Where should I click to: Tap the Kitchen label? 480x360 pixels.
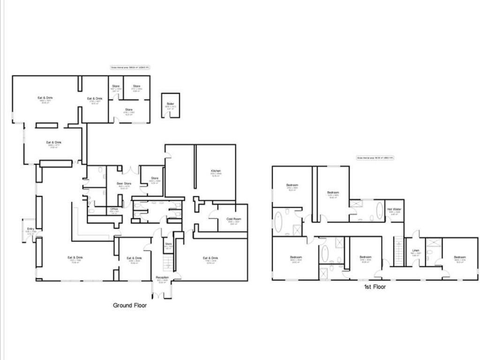coord(216,171)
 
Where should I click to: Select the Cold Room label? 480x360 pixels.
coord(233,218)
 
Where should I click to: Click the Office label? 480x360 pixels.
coord(114,209)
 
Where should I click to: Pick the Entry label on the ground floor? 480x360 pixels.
coord(31,229)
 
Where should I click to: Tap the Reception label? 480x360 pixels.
coord(162,277)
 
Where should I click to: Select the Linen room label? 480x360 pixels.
coord(415,250)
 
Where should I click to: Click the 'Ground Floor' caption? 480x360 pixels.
coord(130,306)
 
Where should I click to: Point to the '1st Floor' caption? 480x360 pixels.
coord(375,286)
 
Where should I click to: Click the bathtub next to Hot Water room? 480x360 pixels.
coord(379,210)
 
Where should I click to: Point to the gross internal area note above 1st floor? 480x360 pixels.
coord(375,158)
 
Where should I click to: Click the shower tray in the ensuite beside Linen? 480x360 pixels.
coord(431,243)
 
